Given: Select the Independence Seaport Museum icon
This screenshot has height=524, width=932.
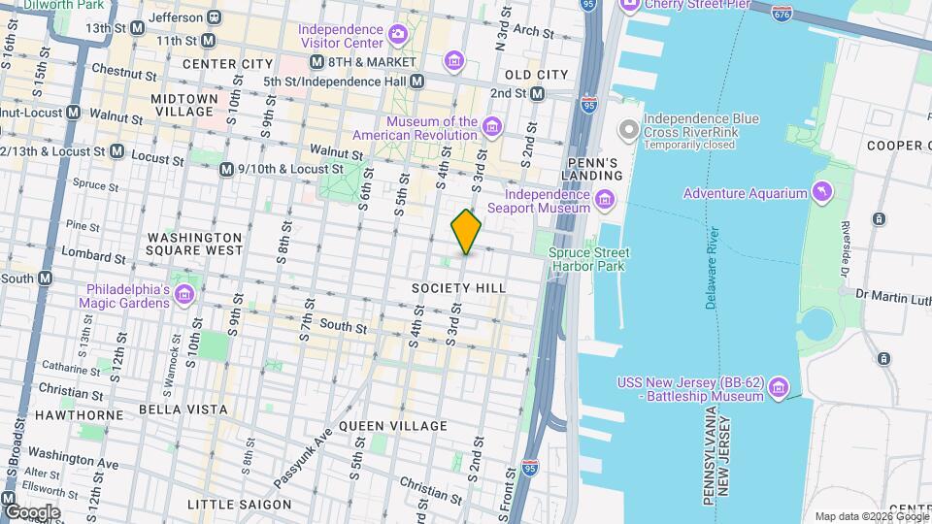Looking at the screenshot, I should click(x=605, y=201).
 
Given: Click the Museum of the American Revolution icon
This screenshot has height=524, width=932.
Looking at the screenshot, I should click(x=493, y=127).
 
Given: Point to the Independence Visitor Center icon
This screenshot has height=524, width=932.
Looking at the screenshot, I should click(x=397, y=36).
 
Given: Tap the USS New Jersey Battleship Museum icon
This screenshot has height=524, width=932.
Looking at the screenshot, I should click(x=777, y=389).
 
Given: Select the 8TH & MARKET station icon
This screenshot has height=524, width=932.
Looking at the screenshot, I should click(x=316, y=62).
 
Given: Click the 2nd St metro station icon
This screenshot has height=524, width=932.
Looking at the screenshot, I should click(x=538, y=93).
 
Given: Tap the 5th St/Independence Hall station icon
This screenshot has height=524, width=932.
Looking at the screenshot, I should click(x=416, y=81).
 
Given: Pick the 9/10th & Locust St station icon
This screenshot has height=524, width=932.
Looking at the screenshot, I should click(x=226, y=169).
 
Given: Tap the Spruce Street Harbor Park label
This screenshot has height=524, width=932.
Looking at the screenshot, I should click(x=588, y=259).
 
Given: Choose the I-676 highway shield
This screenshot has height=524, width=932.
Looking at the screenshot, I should click(x=782, y=14).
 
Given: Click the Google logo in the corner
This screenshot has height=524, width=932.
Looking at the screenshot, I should click(x=32, y=511).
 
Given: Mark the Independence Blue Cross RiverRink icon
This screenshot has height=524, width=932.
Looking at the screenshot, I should click(x=630, y=128).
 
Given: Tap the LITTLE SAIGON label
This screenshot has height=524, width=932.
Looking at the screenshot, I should click(x=239, y=505).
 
